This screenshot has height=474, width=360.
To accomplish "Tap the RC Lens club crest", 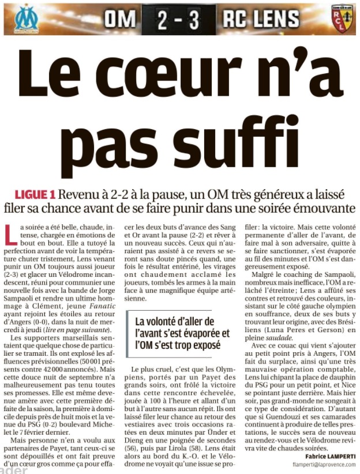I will click(340, 19).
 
